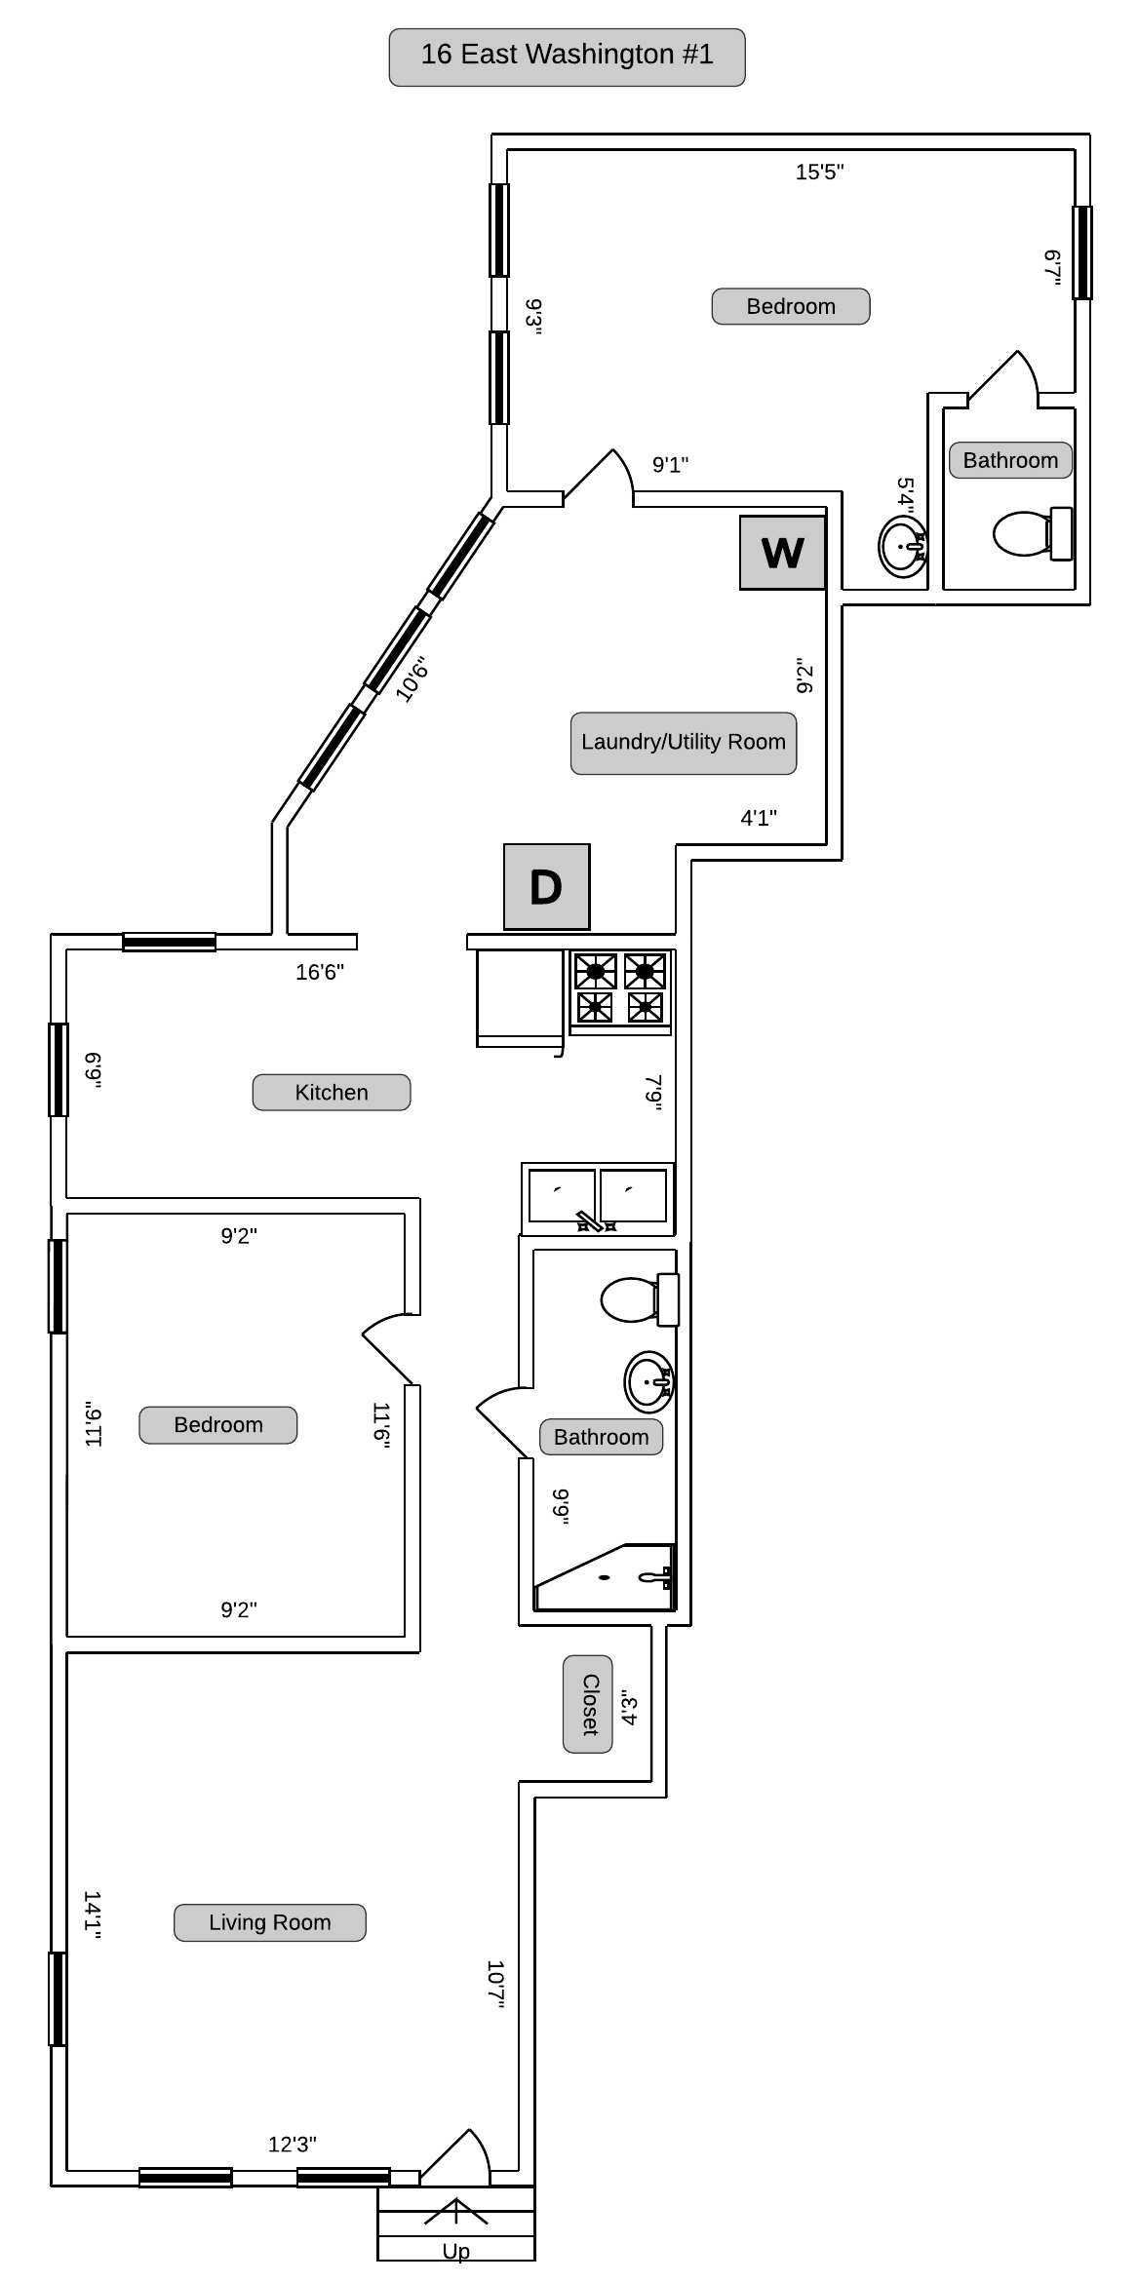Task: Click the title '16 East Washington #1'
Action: [x=567, y=55]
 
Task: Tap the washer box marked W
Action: [x=782, y=553]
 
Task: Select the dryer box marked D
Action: [x=546, y=886]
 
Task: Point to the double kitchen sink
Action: [x=598, y=1198]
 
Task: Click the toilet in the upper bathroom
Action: [x=1033, y=533]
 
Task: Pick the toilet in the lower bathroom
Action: [x=640, y=1299]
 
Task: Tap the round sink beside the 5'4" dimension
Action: [x=902, y=546]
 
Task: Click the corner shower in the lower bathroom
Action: [x=605, y=1577]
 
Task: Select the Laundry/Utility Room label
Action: [x=683, y=742]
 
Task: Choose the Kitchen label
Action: [x=332, y=1093]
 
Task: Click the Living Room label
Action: [x=270, y=1922]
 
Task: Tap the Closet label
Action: [x=588, y=1704]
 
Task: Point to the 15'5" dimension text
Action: [x=819, y=173]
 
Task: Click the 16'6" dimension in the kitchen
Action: [x=320, y=972]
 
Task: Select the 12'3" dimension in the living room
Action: [x=293, y=2145]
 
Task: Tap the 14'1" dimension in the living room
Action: [x=93, y=1915]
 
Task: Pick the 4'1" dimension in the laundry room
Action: [x=759, y=818]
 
